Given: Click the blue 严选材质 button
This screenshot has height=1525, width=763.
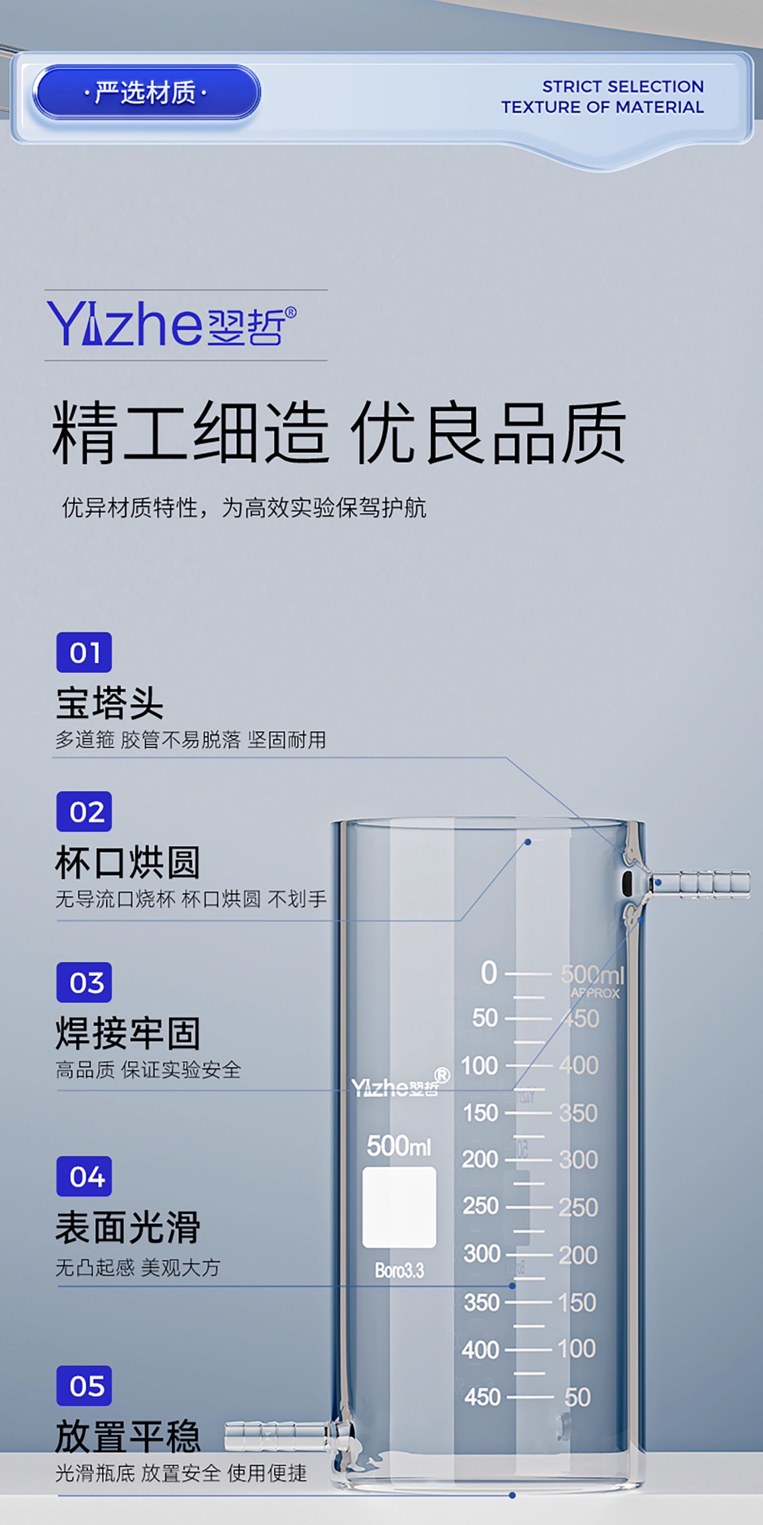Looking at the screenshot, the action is (146, 92).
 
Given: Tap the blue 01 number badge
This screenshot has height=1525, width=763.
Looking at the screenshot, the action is (84, 652).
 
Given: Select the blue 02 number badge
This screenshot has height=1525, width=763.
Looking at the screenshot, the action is (84, 812).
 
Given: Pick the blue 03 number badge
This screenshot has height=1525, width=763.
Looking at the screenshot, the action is (84, 983).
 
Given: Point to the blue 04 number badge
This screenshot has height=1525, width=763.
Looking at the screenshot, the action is (84, 1176).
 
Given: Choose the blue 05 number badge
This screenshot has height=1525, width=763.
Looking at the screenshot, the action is (84, 1386).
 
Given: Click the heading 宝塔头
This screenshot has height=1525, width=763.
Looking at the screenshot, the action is (110, 703).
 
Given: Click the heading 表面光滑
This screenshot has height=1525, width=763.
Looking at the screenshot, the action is (127, 1227).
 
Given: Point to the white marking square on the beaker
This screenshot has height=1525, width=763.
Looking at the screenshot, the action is (399, 1208).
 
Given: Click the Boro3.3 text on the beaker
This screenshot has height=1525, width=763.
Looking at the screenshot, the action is (399, 1270).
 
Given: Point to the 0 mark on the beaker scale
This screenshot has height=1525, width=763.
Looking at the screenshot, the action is (489, 973).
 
